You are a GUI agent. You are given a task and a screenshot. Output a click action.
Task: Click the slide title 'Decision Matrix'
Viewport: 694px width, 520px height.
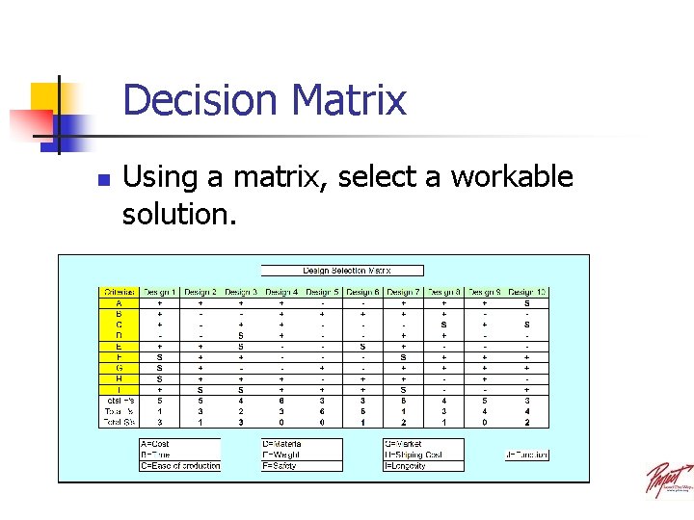(264, 100)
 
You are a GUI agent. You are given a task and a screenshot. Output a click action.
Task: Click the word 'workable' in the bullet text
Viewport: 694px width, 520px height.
(511, 177)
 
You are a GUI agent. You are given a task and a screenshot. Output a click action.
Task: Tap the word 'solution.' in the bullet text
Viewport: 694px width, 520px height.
(179, 214)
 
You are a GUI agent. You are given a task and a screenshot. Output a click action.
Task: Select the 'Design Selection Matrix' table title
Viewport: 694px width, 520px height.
(341, 271)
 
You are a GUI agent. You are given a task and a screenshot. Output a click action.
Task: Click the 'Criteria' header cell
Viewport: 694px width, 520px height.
(120, 292)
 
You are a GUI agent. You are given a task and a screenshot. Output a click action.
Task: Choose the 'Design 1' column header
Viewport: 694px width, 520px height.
(160, 292)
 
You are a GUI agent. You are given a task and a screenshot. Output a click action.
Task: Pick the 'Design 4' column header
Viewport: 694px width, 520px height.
(281, 292)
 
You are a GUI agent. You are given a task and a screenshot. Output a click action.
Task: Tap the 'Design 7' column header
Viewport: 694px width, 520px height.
(403, 292)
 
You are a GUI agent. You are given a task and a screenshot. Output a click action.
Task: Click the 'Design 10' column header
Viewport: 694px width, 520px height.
(526, 292)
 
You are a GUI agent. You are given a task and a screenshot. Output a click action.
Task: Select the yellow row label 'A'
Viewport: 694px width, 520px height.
(120, 303)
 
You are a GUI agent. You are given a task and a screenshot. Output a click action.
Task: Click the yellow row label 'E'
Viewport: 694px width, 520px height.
(120, 346)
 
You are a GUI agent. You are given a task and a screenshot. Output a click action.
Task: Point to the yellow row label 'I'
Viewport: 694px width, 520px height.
(120, 389)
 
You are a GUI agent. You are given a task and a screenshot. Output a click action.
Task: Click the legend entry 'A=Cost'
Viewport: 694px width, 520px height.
(157, 444)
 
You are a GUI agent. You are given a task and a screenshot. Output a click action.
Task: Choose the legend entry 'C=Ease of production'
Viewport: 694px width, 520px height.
(180, 466)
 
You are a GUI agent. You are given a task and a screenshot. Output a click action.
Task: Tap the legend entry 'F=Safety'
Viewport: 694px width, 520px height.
(282, 466)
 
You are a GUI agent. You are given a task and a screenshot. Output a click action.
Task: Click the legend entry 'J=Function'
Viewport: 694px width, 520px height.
(526, 455)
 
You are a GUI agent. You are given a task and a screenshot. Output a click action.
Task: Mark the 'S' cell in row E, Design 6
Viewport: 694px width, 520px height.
(362, 346)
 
